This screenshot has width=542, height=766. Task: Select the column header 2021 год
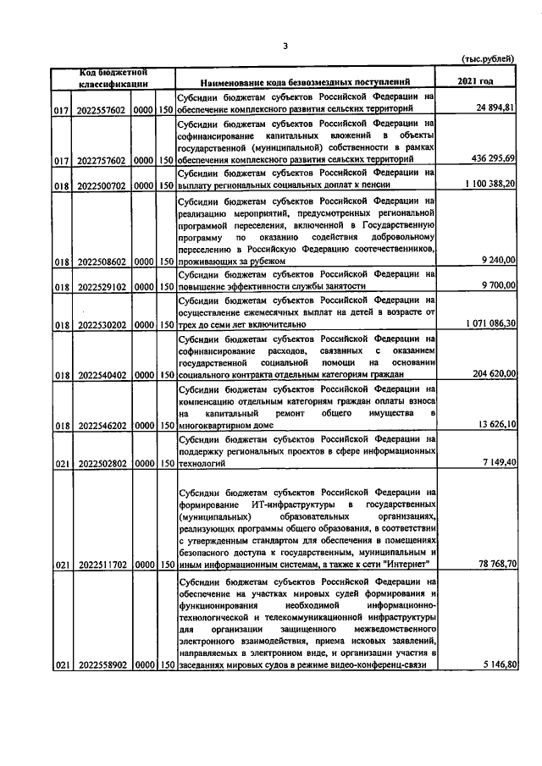[475, 81]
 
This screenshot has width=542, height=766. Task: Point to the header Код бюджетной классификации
[114, 77]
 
